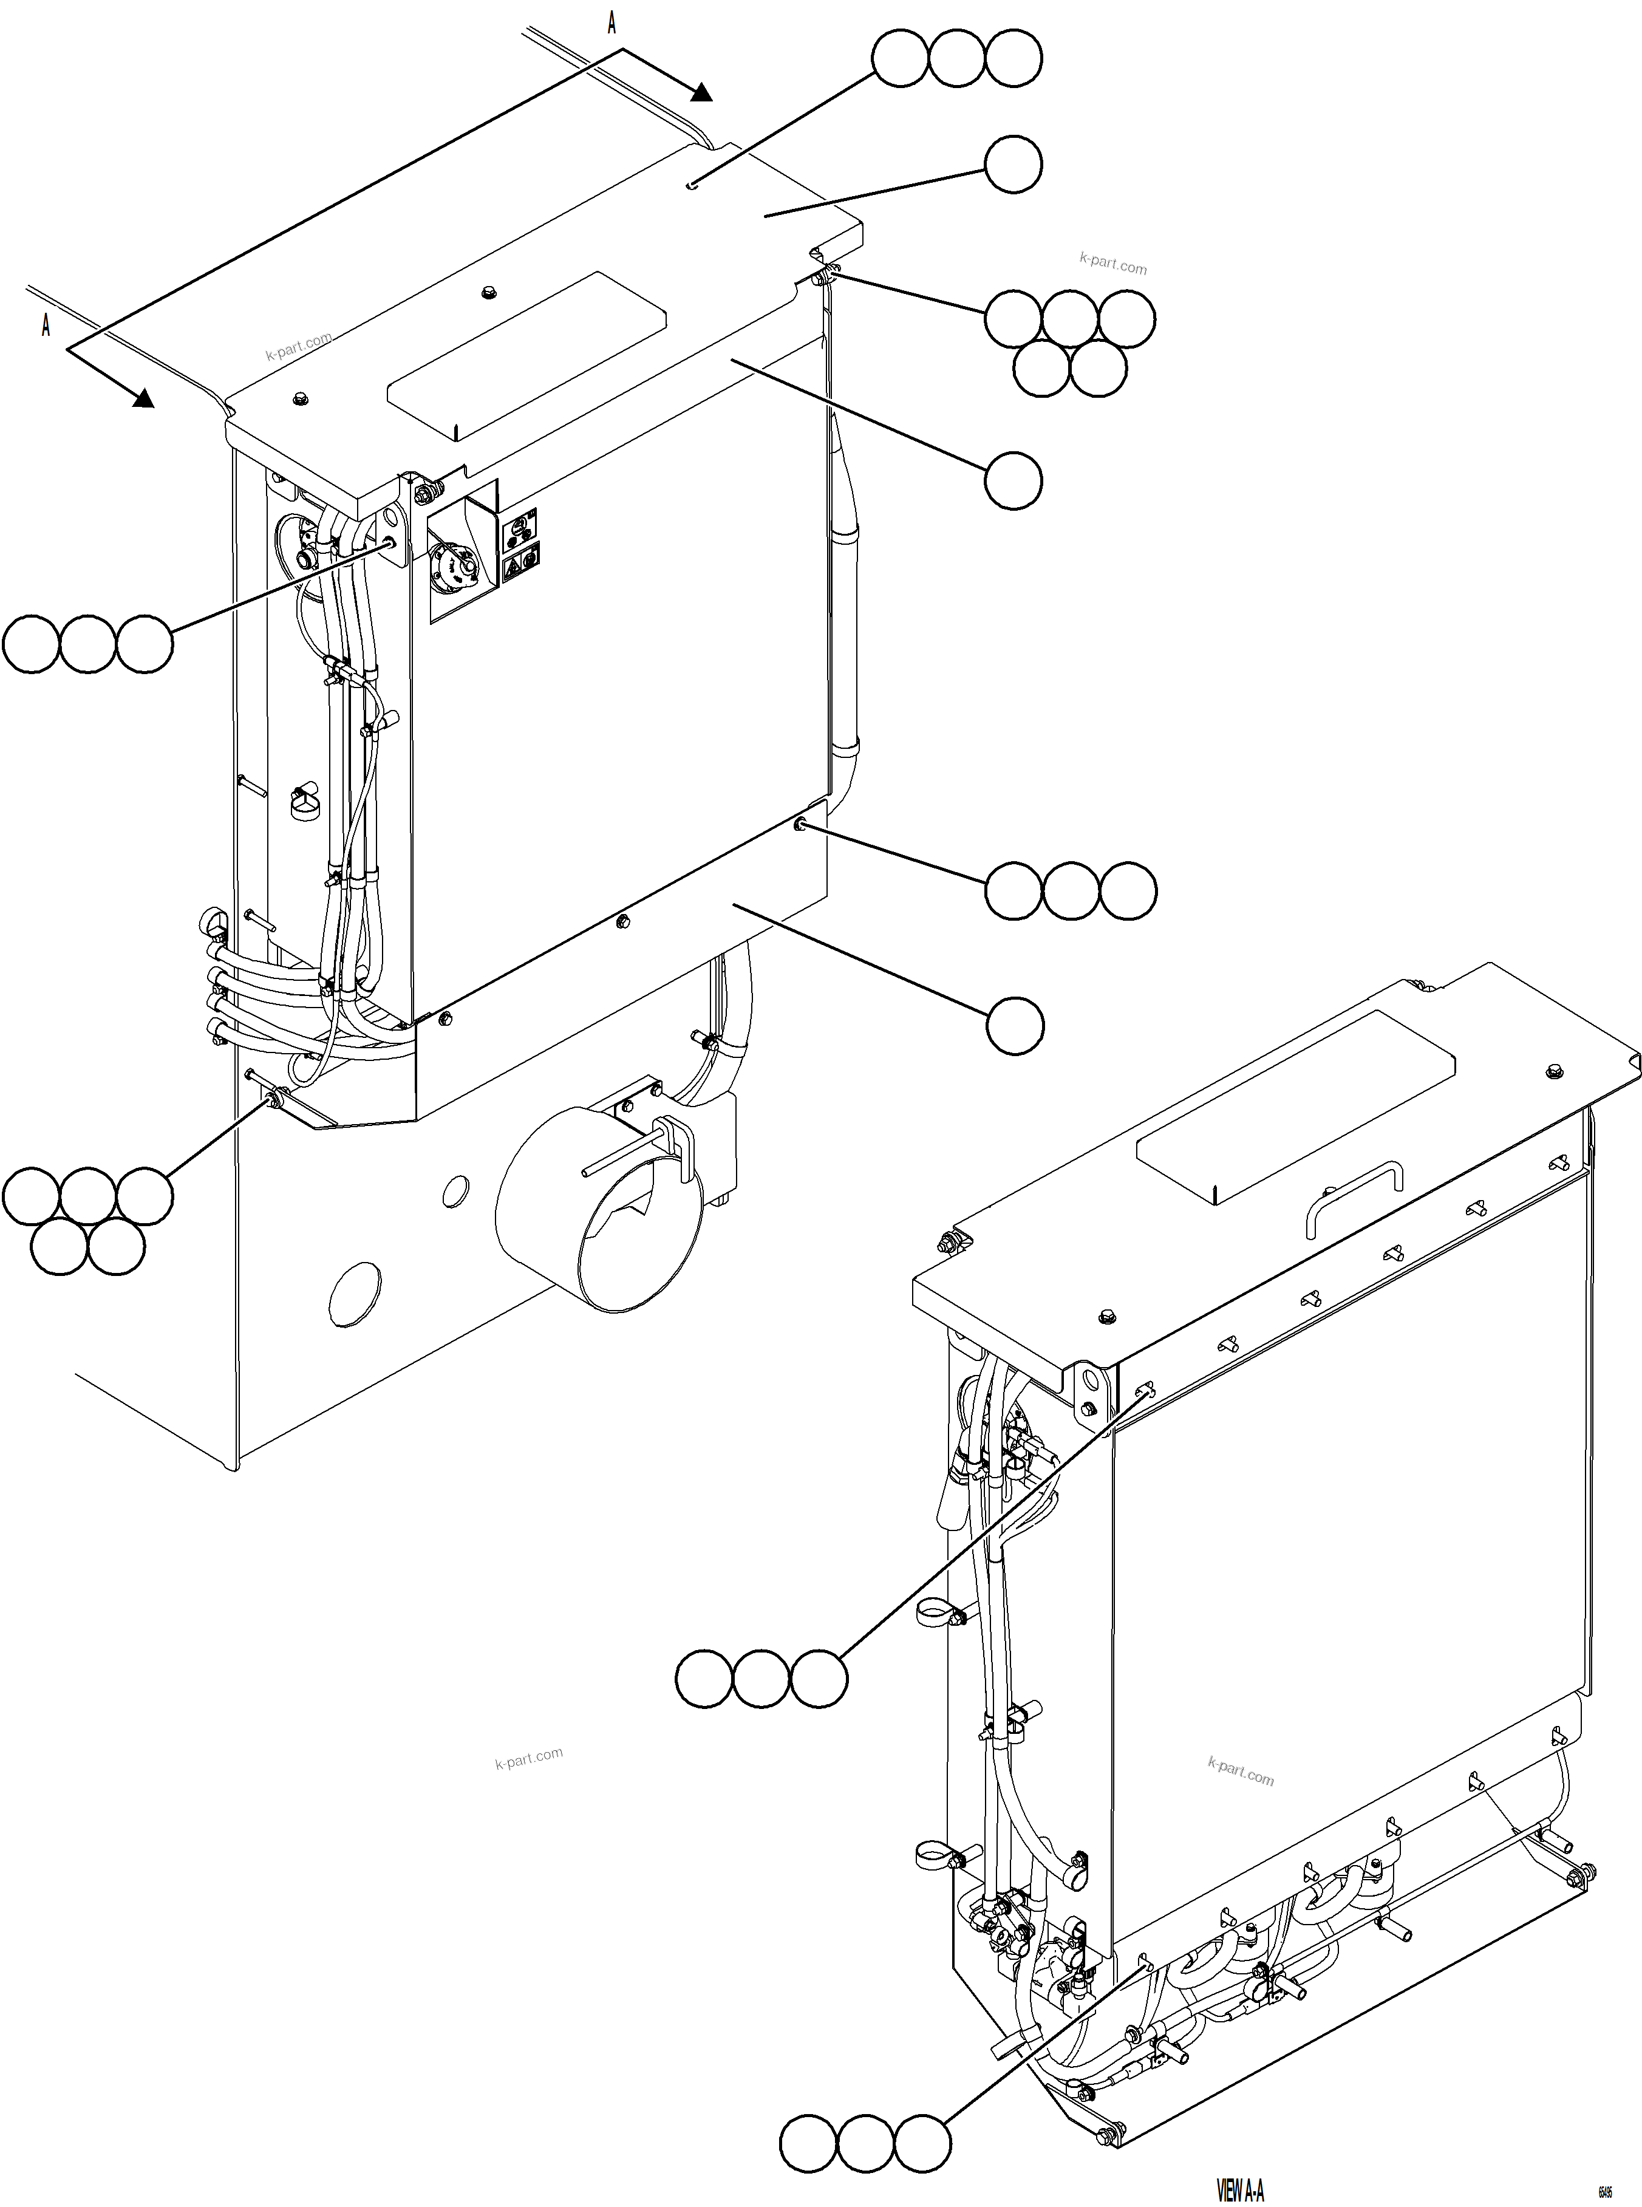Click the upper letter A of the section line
(x=612, y=24)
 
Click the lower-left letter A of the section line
(x=46, y=325)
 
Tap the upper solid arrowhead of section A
(x=702, y=92)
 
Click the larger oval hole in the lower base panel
(x=355, y=1294)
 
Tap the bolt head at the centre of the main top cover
(x=488, y=292)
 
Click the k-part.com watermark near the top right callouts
(x=1112, y=264)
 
